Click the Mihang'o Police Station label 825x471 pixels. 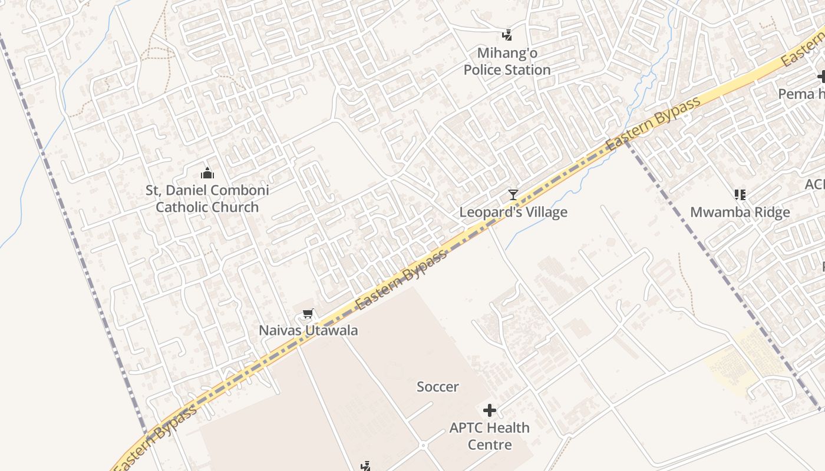(x=507, y=61)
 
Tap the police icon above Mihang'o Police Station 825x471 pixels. (x=507, y=35)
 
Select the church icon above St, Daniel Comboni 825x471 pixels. (x=207, y=173)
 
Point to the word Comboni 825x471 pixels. (x=242, y=190)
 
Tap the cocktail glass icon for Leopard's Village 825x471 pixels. (x=513, y=194)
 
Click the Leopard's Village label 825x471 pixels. (x=513, y=212)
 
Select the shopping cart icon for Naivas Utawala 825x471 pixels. (x=307, y=313)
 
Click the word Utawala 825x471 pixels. (x=331, y=330)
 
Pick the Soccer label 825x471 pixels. (x=437, y=387)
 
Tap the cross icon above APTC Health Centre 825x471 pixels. (x=489, y=410)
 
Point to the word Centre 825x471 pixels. (x=489, y=445)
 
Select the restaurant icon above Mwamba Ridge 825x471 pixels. (x=740, y=194)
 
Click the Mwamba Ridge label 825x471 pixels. (x=740, y=212)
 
